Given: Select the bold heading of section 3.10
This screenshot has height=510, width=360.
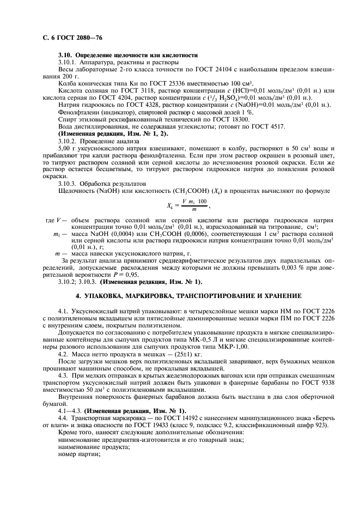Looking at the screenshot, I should click(x=127, y=56).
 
